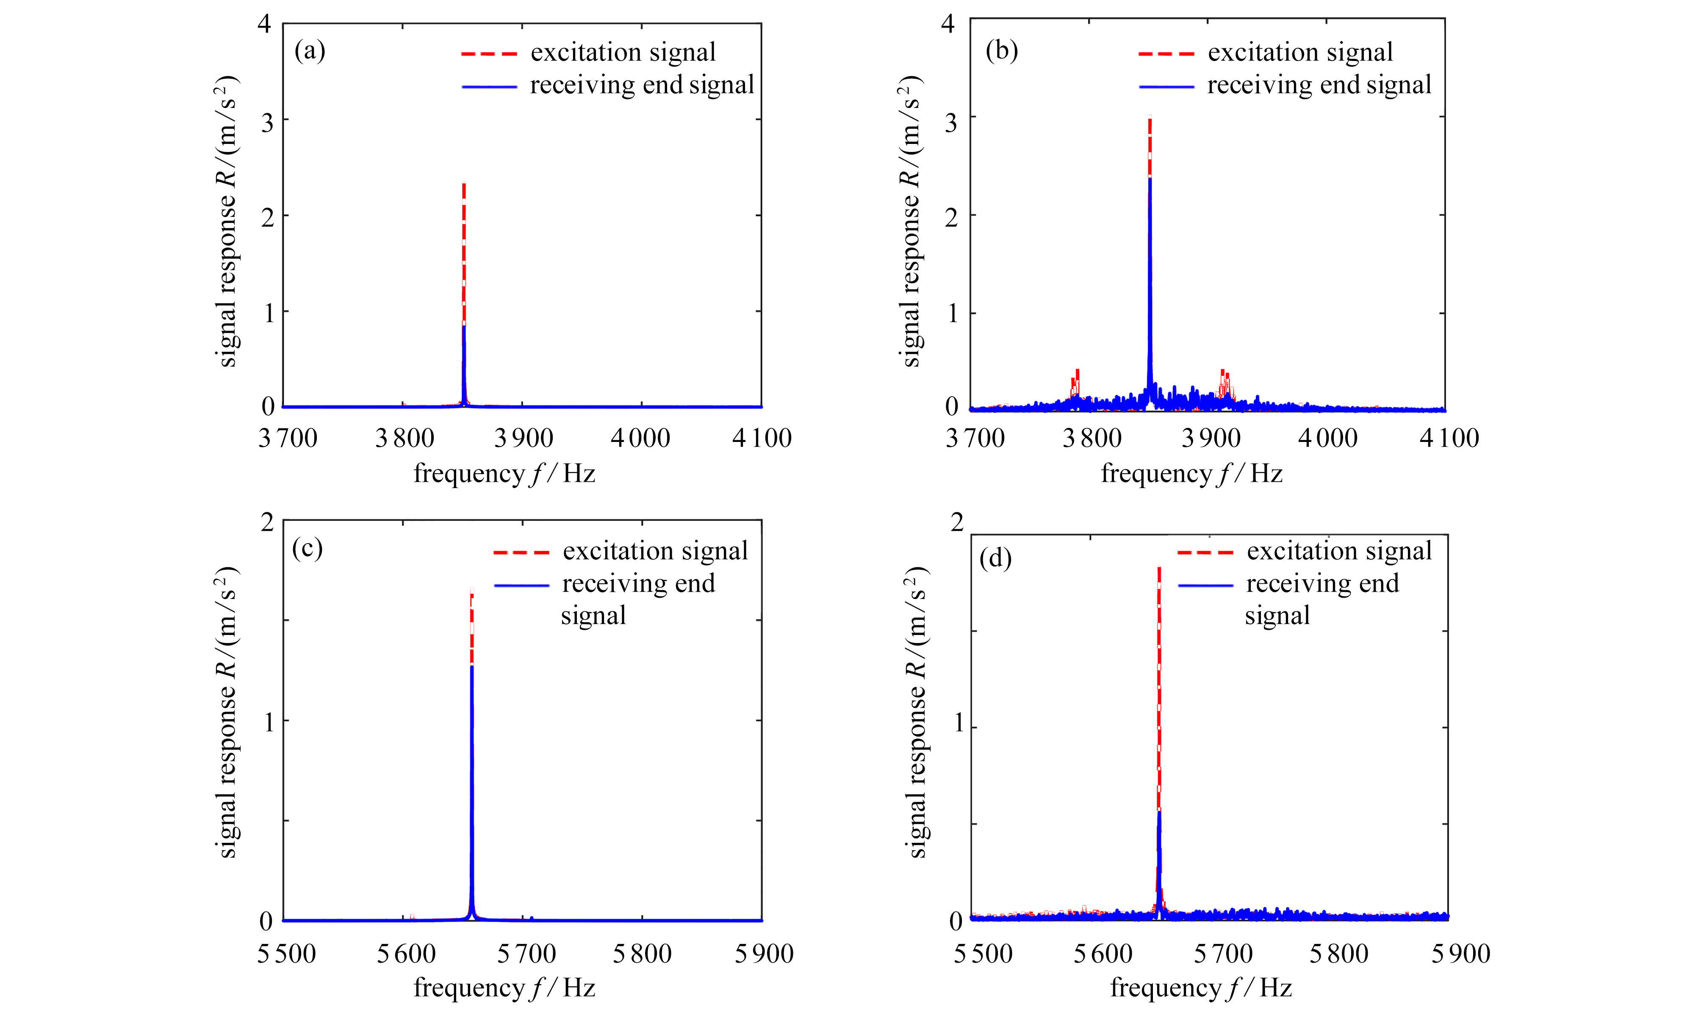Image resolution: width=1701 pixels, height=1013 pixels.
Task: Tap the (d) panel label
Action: tap(995, 558)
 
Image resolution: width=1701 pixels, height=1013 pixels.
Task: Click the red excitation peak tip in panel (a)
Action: tap(464, 184)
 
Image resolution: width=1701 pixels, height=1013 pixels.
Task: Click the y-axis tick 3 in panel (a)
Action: tap(267, 122)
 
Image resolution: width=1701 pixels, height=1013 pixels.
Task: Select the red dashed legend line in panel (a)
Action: tap(489, 53)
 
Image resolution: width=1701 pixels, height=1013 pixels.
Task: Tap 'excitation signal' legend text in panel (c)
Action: tap(655, 551)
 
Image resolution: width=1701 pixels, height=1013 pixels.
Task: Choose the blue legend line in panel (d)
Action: tap(1205, 585)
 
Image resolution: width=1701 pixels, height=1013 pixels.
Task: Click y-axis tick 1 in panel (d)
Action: tap(959, 723)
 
